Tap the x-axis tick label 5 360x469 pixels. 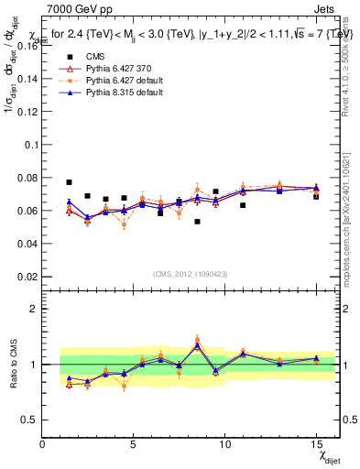coord(134,444)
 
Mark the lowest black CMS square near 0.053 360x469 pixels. coord(197,222)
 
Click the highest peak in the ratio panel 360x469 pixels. coord(197,344)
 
